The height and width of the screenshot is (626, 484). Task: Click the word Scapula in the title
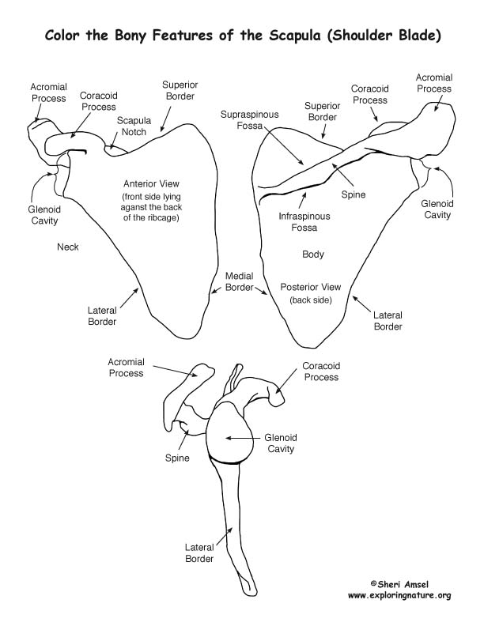click(295, 35)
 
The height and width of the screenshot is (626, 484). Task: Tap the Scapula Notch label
click(134, 126)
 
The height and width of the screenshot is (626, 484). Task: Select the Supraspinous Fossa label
click(250, 120)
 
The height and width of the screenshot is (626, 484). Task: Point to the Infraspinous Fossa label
click(304, 222)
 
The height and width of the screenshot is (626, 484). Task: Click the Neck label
click(68, 247)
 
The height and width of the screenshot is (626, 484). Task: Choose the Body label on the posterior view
click(313, 255)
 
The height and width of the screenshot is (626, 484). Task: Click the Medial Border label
click(239, 281)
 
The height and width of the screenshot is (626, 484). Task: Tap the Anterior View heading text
click(151, 184)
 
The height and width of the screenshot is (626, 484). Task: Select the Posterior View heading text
click(311, 287)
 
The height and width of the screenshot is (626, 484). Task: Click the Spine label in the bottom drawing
click(177, 458)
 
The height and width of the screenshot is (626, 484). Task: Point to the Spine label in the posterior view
click(354, 194)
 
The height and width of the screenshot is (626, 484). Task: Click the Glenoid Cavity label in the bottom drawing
click(281, 443)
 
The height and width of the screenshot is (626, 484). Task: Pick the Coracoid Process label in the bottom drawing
click(321, 371)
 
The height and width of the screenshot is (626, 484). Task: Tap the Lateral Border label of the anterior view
click(102, 316)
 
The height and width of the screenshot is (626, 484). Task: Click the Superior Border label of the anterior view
click(180, 91)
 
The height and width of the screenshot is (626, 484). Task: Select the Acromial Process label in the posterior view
click(434, 83)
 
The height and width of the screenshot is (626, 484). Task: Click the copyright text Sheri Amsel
click(399, 584)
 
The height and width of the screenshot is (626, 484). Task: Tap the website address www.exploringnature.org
click(399, 596)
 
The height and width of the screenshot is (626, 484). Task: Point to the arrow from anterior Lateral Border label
click(129, 298)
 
